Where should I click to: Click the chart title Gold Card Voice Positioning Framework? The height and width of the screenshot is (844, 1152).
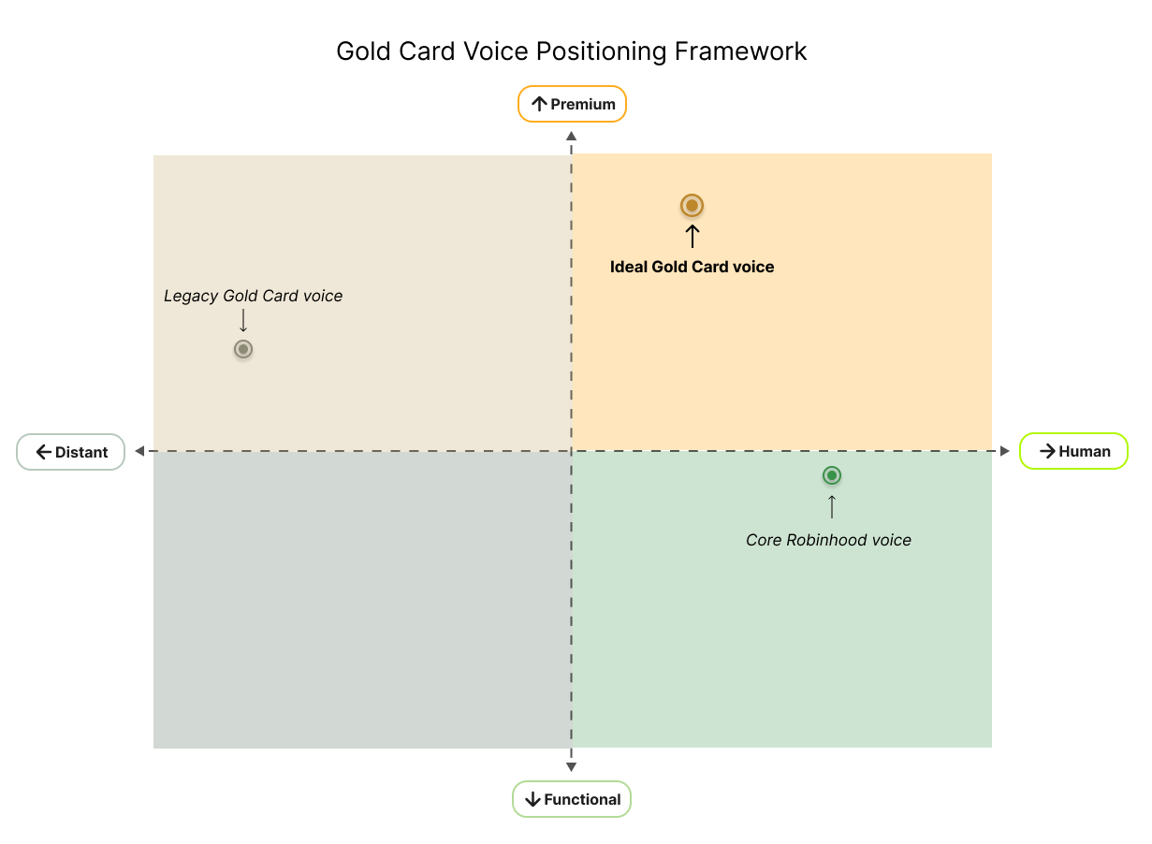click(x=572, y=52)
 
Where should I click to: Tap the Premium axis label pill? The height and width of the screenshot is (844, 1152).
click(x=572, y=104)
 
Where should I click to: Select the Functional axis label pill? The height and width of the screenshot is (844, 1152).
click(x=572, y=799)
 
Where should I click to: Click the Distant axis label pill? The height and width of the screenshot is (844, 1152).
click(x=70, y=452)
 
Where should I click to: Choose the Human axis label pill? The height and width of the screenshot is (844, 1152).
click(x=1073, y=451)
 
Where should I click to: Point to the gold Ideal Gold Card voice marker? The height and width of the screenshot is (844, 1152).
click(x=692, y=206)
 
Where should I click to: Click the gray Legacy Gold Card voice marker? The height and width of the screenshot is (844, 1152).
click(x=243, y=349)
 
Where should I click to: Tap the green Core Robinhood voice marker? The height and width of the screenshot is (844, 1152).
click(x=832, y=475)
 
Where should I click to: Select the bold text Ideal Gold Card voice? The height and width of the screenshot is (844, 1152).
click(x=692, y=267)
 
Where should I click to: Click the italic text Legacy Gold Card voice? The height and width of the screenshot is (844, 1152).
click(x=253, y=297)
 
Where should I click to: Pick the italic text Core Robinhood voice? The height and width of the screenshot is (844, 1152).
click(x=828, y=540)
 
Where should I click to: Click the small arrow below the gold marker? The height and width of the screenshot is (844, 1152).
click(x=693, y=236)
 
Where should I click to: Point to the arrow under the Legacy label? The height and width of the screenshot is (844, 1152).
click(x=243, y=320)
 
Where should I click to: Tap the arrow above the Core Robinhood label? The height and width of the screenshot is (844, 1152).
click(x=832, y=506)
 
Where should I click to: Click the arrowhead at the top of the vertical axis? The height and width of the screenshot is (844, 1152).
click(x=572, y=137)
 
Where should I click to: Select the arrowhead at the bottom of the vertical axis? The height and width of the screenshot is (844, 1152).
click(x=572, y=767)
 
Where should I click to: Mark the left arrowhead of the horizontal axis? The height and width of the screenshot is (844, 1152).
click(x=139, y=451)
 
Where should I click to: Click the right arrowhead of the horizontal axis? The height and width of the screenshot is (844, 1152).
click(x=1005, y=451)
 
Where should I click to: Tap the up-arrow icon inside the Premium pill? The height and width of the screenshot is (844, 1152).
click(x=539, y=105)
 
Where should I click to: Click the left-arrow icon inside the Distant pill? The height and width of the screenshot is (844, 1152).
click(x=44, y=452)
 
